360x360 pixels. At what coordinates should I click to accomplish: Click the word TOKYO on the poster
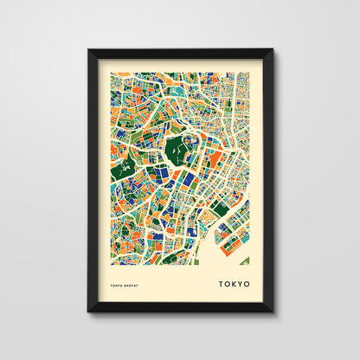coord(234,283)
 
